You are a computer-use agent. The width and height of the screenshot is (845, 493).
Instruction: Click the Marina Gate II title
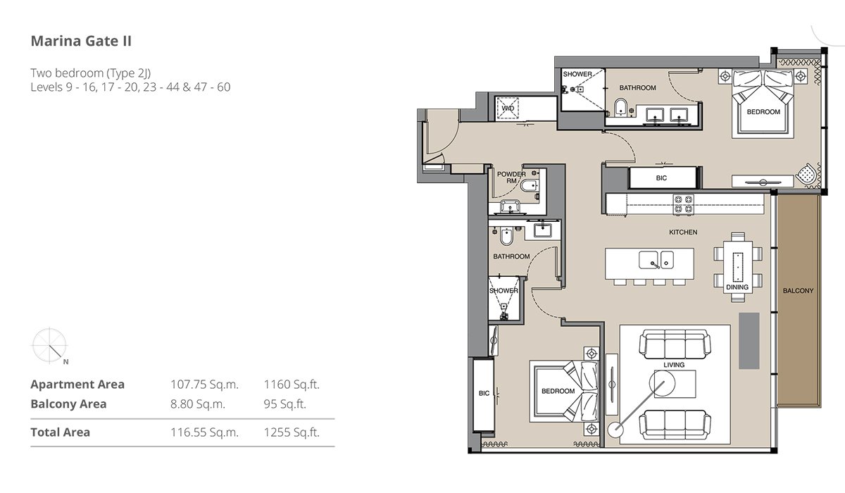coord(81,41)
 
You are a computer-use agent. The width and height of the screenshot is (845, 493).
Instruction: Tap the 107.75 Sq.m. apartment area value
coord(204,385)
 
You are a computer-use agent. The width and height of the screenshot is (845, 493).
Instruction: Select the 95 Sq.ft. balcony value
coord(284,404)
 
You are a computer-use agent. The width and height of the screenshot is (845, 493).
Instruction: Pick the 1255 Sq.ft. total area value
coord(292,432)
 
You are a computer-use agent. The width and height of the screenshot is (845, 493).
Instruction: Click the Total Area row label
coord(61,432)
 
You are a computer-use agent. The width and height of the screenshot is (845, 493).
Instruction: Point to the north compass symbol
coord(50,346)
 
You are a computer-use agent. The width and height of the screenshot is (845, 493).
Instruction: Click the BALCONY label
coord(799,291)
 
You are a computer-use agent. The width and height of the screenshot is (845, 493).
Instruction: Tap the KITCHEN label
coord(683,232)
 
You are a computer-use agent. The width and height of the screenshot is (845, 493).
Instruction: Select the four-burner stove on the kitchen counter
coord(684,204)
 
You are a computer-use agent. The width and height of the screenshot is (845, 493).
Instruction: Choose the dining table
coord(737,267)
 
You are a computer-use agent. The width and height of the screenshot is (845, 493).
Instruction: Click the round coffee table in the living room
coord(662,383)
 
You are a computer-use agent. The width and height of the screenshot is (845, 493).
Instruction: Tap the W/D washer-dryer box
coord(508,108)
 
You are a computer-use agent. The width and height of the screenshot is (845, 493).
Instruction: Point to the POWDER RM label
coord(511,177)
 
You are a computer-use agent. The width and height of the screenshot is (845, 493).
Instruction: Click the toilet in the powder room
coord(530,186)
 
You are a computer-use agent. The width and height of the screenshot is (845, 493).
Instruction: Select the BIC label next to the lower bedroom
coord(484,394)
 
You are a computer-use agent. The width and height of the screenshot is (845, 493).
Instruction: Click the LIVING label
coord(674,365)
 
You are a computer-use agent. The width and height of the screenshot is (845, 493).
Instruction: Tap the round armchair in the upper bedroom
coord(806,175)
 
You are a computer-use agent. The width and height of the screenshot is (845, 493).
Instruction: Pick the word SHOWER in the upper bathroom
coord(577,75)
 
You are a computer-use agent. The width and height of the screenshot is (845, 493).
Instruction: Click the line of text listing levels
coord(130,87)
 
